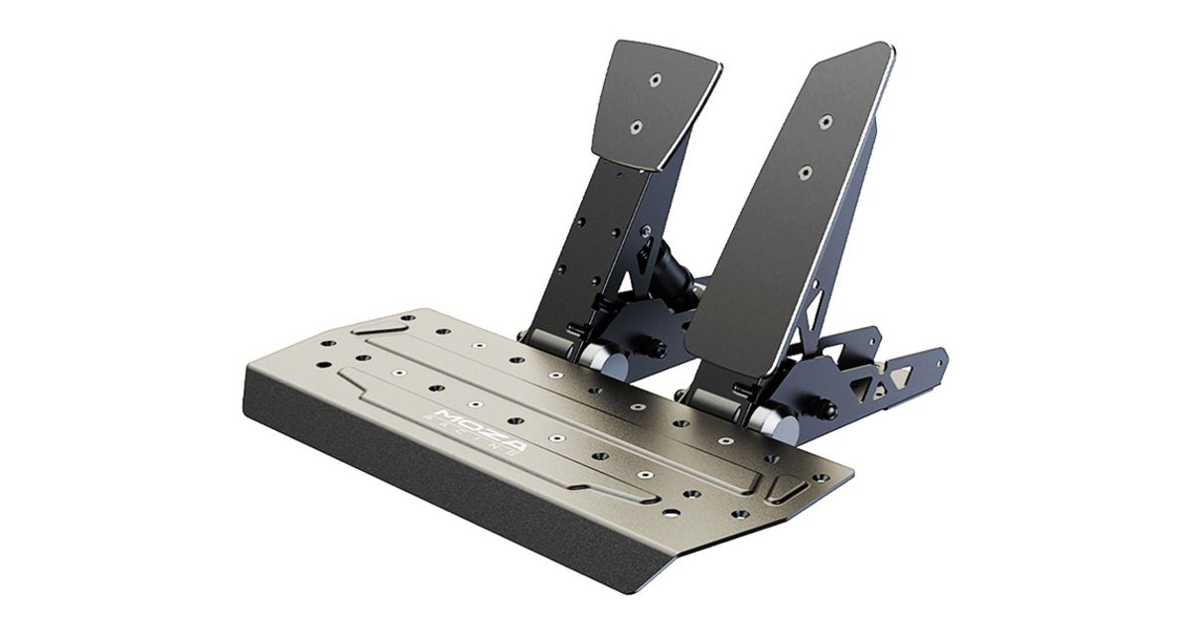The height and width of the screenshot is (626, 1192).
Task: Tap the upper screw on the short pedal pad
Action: coord(654,79)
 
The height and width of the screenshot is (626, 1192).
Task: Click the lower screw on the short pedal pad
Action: coord(636,127)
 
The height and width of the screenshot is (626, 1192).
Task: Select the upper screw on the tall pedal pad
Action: coord(825,122)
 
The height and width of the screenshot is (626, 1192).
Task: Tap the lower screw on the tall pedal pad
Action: coord(807,172)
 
